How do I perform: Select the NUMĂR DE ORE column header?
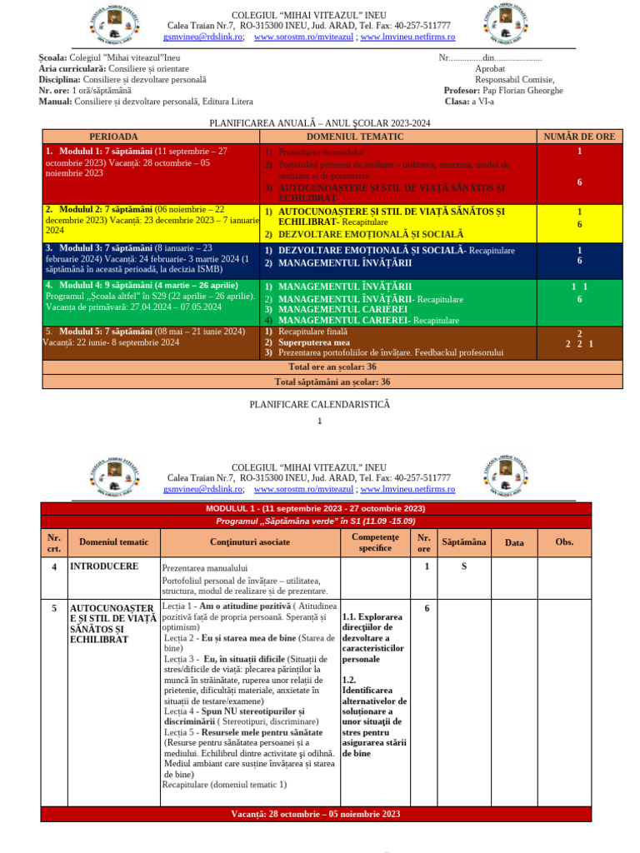(579, 137)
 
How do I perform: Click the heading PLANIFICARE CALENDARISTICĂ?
(319, 404)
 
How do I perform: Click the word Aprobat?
(490, 68)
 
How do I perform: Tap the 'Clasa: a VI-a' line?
(469, 102)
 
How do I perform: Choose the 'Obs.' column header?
(564, 542)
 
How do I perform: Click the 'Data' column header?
(514, 543)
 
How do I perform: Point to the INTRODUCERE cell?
(103, 566)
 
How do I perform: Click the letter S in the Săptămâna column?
(463, 566)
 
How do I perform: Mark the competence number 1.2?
(349, 680)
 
